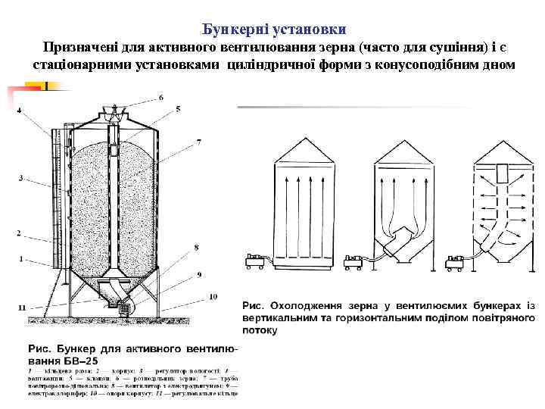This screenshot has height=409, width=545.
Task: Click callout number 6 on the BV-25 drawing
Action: (161, 98)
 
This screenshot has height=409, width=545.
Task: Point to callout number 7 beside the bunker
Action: (198, 142)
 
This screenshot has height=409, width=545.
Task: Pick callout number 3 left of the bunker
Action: (21, 179)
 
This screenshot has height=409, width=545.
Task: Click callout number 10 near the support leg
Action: (213, 296)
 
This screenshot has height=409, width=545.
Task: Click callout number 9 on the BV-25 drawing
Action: (199, 273)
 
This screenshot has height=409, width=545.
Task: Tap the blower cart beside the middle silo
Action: (353, 262)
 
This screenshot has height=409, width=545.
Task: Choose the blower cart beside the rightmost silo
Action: (455, 262)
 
